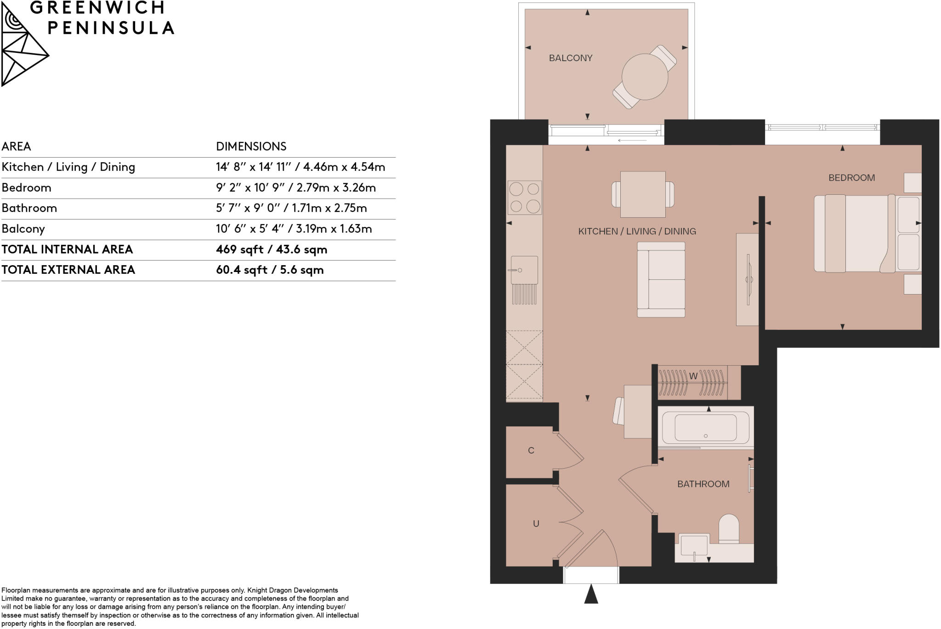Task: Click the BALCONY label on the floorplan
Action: [x=570, y=58]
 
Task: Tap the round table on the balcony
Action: [x=645, y=77]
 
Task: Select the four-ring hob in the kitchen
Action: [x=524, y=198]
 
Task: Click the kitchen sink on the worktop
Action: [x=524, y=270]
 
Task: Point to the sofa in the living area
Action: [x=661, y=279]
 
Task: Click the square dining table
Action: [x=643, y=194]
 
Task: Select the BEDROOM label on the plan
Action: [x=851, y=178]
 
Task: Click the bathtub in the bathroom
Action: [x=705, y=428]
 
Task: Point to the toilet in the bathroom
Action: [x=728, y=528]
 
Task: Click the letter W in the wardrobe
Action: [x=693, y=376]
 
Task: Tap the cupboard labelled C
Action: [x=531, y=451]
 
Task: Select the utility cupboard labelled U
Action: [x=536, y=524]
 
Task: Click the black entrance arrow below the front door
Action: [x=591, y=594]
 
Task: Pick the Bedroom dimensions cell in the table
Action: [x=296, y=188]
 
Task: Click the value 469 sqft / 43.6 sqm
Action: [x=272, y=249]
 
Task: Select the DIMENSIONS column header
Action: [x=251, y=147]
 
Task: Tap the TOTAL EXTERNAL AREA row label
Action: [x=68, y=270]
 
